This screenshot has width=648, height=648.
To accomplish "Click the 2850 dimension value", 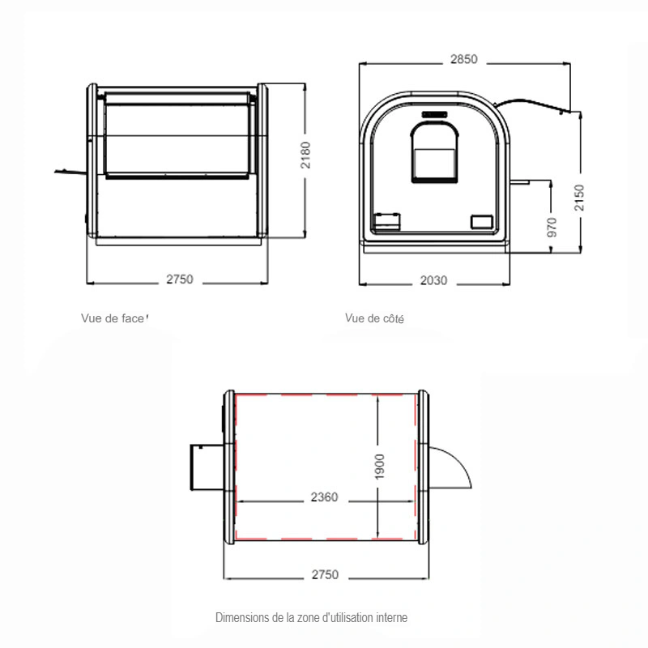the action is [x=463, y=59].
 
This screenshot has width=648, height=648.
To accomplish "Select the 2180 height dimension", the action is [x=305, y=155].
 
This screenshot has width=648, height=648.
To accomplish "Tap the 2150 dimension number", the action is [x=579, y=198].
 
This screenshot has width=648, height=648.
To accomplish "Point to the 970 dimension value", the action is [x=552, y=228].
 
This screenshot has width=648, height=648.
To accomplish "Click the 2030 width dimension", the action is [x=433, y=280].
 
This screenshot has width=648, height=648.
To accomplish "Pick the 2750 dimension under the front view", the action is [x=179, y=279].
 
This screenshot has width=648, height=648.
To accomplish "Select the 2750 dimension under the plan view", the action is [x=325, y=575].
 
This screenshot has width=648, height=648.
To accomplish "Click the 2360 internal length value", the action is [x=325, y=497].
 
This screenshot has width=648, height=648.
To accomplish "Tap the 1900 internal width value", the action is [x=379, y=467].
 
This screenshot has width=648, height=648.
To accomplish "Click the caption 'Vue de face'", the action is [x=113, y=318].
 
